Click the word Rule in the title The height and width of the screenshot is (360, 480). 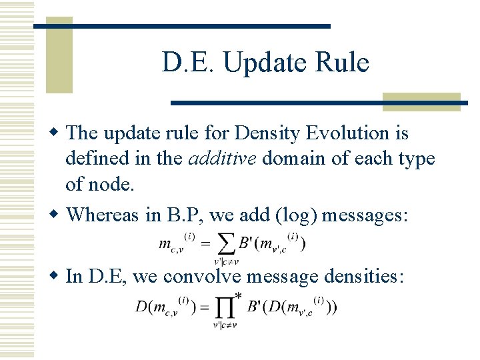[x=343, y=63]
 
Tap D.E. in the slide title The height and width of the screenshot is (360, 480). [x=189, y=63]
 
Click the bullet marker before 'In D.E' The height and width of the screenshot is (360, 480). [x=56, y=276]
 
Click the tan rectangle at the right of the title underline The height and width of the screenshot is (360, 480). [x=421, y=101]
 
